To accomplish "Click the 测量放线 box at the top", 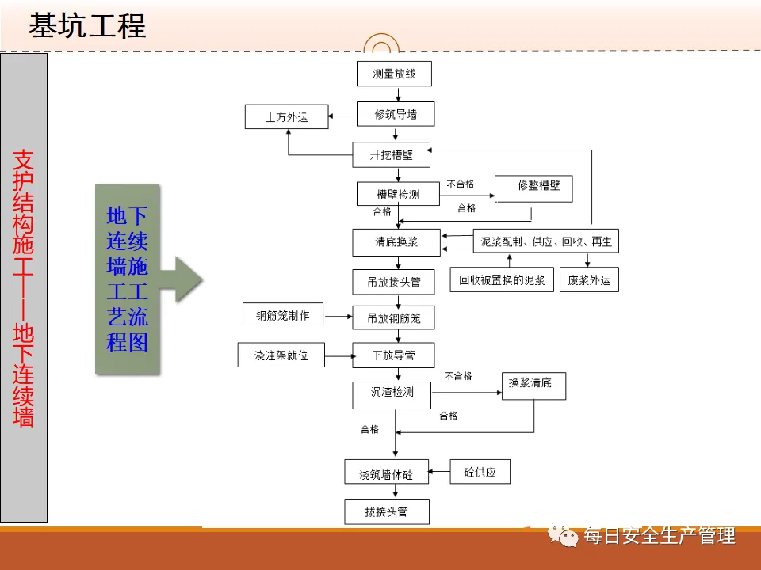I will tap(393, 74).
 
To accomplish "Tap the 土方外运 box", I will tap(286, 118).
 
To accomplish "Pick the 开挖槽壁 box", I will tap(392, 155).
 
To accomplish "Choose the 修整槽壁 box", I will tap(533, 187).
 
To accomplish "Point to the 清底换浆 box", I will tap(396, 241).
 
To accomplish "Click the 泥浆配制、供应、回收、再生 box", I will tap(546, 241).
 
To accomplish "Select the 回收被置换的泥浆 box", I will tap(502, 279).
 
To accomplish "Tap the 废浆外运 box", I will tap(589, 279).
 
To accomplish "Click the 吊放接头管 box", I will tap(393, 281).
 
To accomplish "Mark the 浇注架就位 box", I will tap(281, 355).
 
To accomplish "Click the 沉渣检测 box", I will tap(392, 393).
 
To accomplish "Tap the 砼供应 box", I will tap(480, 472).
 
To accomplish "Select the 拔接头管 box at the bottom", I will tap(387, 511).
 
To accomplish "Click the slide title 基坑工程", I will tap(87, 25).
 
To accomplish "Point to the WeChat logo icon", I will tap(568, 537).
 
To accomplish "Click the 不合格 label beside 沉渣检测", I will tap(458, 375).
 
